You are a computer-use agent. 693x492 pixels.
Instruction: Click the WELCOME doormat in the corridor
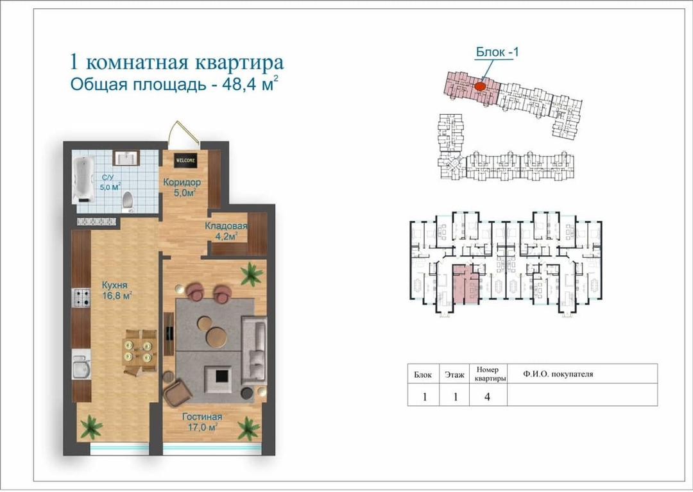(x=185, y=160)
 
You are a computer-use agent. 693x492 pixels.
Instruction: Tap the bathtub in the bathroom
(x=83, y=180)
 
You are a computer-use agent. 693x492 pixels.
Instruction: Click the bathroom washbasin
(x=126, y=158)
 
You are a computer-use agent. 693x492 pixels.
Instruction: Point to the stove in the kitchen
(x=81, y=298)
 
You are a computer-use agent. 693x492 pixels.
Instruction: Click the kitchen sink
(x=81, y=364)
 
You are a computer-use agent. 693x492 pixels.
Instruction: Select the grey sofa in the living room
(x=254, y=348)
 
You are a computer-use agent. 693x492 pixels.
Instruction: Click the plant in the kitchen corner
(x=92, y=427)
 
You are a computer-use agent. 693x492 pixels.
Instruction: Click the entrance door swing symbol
(x=184, y=133)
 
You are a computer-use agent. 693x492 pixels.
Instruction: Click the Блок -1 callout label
(x=497, y=52)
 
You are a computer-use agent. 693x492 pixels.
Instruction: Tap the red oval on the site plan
(x=481, y=85)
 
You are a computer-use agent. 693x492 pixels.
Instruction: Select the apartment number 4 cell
(x=487, y=396)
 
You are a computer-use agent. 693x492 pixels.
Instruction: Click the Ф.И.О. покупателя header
(x=558, y=374)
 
